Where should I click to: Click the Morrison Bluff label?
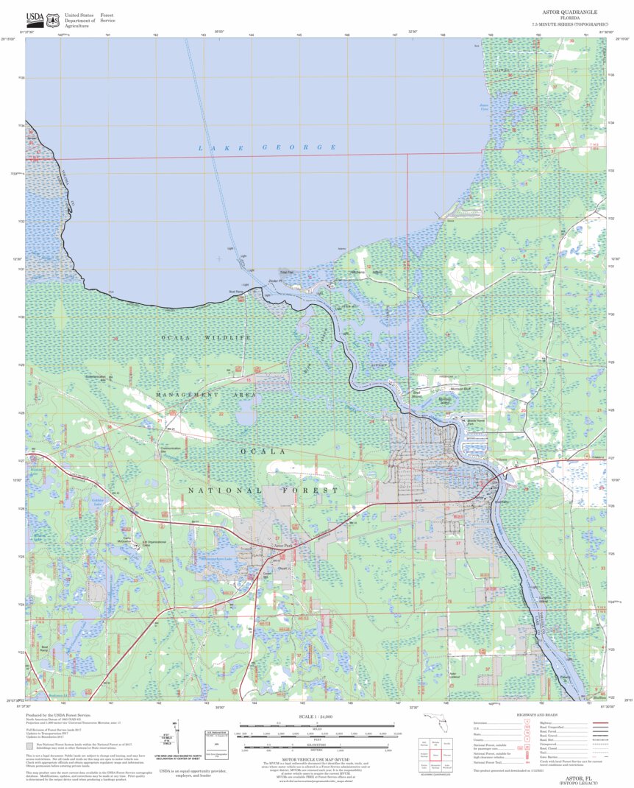460,388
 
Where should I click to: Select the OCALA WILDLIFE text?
207,337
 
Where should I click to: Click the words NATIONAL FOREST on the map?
263,490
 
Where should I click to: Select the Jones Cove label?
484,107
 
